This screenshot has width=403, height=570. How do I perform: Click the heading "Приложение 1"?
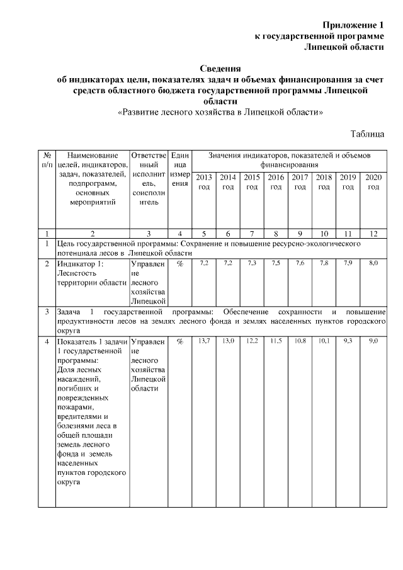[x=353, y=25]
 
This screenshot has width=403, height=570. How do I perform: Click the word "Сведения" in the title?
[x=220, y=68]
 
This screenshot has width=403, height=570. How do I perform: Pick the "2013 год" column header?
[x=203, y=182]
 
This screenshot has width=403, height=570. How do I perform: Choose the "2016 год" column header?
[x=276, y=182]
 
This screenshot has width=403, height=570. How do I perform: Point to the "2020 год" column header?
[x=373, y=182]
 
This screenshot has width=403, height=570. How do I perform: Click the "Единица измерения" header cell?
[x=180, y=169]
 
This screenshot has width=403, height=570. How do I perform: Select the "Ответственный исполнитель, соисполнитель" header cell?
[x=149, y=179]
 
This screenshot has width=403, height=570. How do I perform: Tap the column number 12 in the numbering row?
[x=373, y=233]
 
